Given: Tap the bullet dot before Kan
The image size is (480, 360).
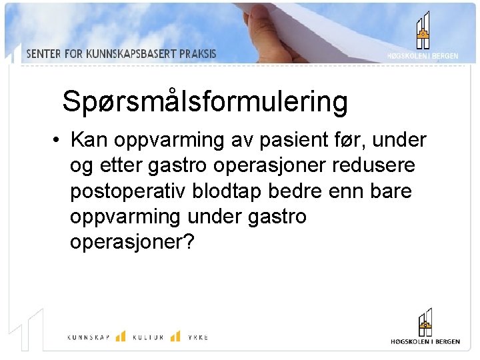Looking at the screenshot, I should (x=59, y=141).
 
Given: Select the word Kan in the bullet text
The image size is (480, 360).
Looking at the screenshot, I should (x=89, y=141).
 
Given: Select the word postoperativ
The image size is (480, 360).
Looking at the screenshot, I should (x=128, y=191).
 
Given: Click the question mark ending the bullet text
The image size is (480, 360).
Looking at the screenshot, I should (x=188, y=242).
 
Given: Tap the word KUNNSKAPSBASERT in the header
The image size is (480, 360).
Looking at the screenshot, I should (x=133, y=54).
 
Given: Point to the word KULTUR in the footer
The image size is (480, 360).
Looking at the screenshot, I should (x=148, y=337).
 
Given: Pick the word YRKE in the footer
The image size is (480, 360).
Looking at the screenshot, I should (x=197, y=337).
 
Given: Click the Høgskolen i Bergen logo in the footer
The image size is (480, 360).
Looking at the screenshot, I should (x=425, y=327).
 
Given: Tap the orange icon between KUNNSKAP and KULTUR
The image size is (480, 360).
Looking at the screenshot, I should (x=121, y=336).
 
